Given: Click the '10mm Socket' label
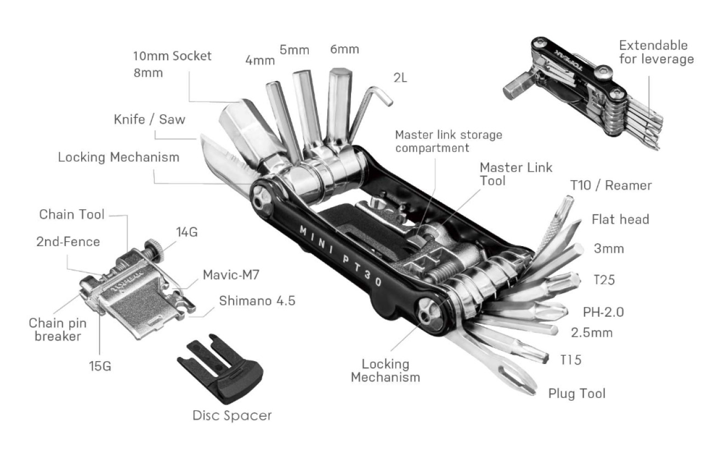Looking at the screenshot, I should point(172,56).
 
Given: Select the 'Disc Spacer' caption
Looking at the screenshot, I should point(232,415).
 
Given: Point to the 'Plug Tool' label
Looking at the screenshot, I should point(577,394).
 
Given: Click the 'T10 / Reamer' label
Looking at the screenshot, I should point(611,185).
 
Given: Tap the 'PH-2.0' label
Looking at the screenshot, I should point(603,312).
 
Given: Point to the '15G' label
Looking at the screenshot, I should point(100,366).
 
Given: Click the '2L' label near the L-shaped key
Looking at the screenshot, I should point(400,77).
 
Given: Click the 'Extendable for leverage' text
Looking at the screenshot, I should point(656,52).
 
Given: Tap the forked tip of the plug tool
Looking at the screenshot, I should point(521,383).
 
